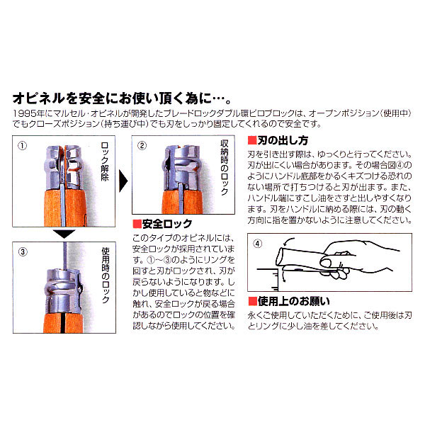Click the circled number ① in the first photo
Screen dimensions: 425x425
[x=22, y=146]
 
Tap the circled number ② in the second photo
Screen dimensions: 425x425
[x=142, y=145]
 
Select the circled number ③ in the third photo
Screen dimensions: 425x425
[x=23, y=251]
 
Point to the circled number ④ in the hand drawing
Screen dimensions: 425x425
[x=258, y=244]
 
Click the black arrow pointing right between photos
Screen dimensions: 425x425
[x=123, y=181]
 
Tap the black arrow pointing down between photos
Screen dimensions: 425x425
[x=64, y=234]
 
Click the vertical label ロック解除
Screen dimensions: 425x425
[x=105, y=161]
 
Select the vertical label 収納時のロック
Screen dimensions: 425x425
[x=225, y=167]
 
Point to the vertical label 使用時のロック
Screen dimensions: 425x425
[x=106, y=275]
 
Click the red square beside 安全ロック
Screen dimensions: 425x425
[x=137, y=224]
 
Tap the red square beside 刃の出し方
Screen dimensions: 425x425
[x=252, y=140]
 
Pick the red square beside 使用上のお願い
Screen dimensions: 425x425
[x=253, y=301]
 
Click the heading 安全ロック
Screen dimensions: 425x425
[x=167, y=224]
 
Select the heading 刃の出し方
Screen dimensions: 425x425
[x=283, y=140]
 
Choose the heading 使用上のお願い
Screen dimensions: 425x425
[x=294, y=301]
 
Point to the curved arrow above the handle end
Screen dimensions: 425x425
[x=288, y=242]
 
